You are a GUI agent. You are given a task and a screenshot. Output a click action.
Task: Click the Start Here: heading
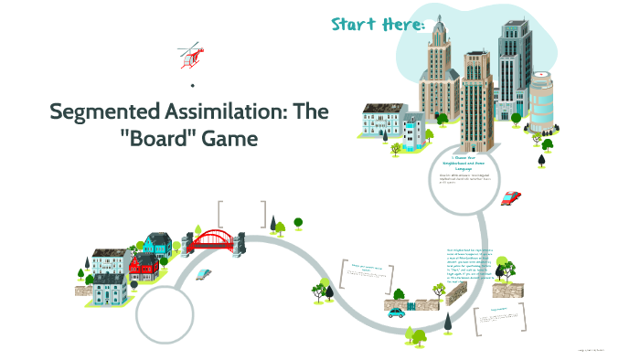[378, 25]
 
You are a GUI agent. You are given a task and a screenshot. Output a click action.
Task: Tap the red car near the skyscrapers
[511, 197]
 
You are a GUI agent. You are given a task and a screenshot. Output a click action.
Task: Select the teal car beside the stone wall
[396, 312]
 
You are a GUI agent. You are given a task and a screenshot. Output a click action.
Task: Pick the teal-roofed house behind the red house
[158, 244]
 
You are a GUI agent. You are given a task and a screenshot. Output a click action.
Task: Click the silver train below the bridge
[203, 272]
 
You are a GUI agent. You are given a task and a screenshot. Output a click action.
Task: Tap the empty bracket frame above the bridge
[242, 215]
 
